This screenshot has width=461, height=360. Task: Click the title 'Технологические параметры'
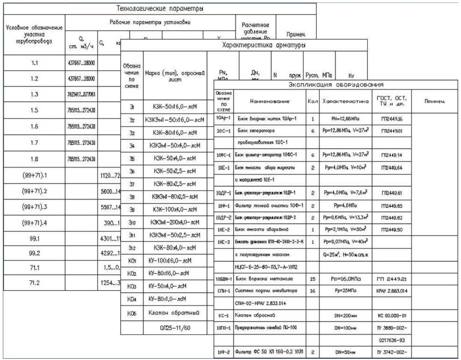pos(160,8)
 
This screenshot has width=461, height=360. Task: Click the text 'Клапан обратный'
pos(175,312)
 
